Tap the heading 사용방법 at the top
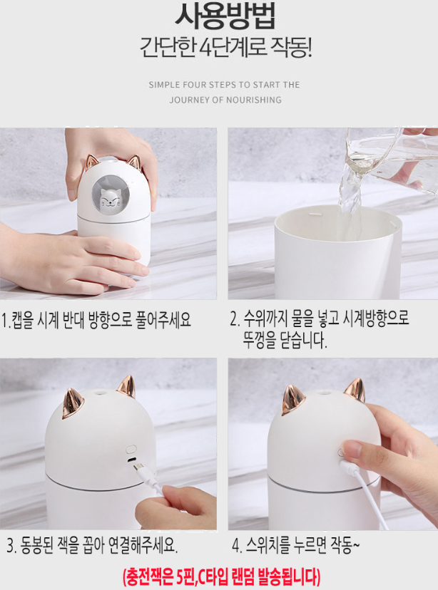225,16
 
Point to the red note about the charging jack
222,576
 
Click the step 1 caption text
96,320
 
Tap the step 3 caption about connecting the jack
92,546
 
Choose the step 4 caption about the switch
295,546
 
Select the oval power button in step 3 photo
131,450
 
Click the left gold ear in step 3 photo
72,404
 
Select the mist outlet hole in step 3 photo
100,393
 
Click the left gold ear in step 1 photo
91,162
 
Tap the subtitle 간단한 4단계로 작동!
225,48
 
